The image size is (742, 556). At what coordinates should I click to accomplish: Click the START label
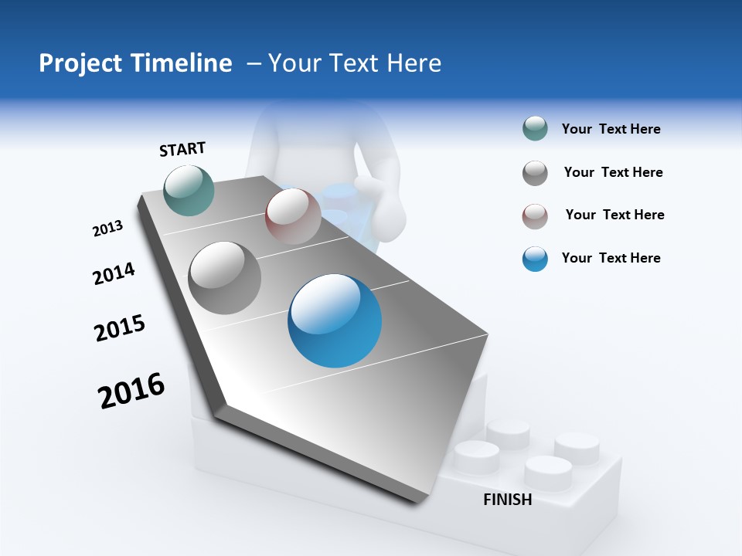(182, 149)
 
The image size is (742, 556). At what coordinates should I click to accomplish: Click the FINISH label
(507, 500)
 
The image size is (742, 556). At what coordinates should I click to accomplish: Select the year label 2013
(107, 229)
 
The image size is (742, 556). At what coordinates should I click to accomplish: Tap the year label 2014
(114, 273)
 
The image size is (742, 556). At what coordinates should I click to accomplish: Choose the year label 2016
(131, 391)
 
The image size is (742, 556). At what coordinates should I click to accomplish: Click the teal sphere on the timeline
(189, 190)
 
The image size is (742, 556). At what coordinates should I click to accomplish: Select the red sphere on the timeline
(293, 216)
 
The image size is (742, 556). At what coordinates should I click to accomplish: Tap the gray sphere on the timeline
(225, 278)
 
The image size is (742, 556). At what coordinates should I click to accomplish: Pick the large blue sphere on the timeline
(335, 320)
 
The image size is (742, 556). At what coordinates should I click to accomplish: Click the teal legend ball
(535, 129)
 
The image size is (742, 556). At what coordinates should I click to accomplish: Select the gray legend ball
(535, 173)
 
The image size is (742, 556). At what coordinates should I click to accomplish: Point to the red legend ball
(535, 216)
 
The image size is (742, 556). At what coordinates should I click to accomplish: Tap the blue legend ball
(535, 259)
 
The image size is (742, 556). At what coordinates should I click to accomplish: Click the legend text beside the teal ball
(611, 130)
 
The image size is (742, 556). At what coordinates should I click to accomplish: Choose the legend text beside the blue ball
(611, 258)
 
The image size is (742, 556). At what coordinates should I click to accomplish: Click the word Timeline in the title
(184, 63)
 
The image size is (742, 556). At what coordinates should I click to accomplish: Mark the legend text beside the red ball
(614, 215)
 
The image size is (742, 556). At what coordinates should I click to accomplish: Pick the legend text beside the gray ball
(613, 172)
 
